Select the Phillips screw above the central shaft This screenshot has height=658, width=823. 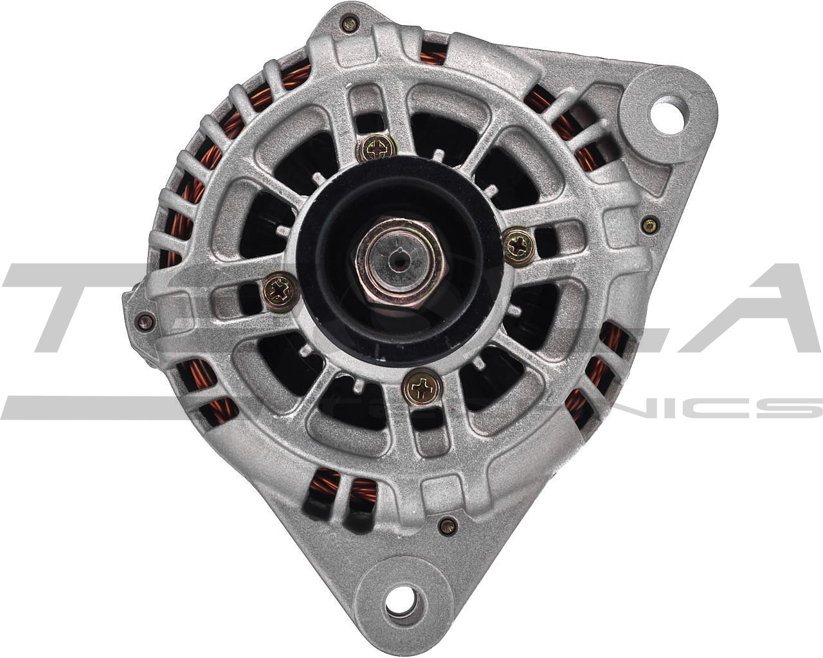[x=377, y=150]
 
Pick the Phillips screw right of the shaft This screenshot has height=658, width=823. [x=519, y=245]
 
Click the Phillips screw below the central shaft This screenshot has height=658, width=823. [x=422, y=387]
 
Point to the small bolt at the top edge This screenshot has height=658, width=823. [x=350, y=24]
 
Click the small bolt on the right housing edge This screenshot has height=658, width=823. [x=649, y=225]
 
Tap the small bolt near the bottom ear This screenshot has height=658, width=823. [x=447, y=527]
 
